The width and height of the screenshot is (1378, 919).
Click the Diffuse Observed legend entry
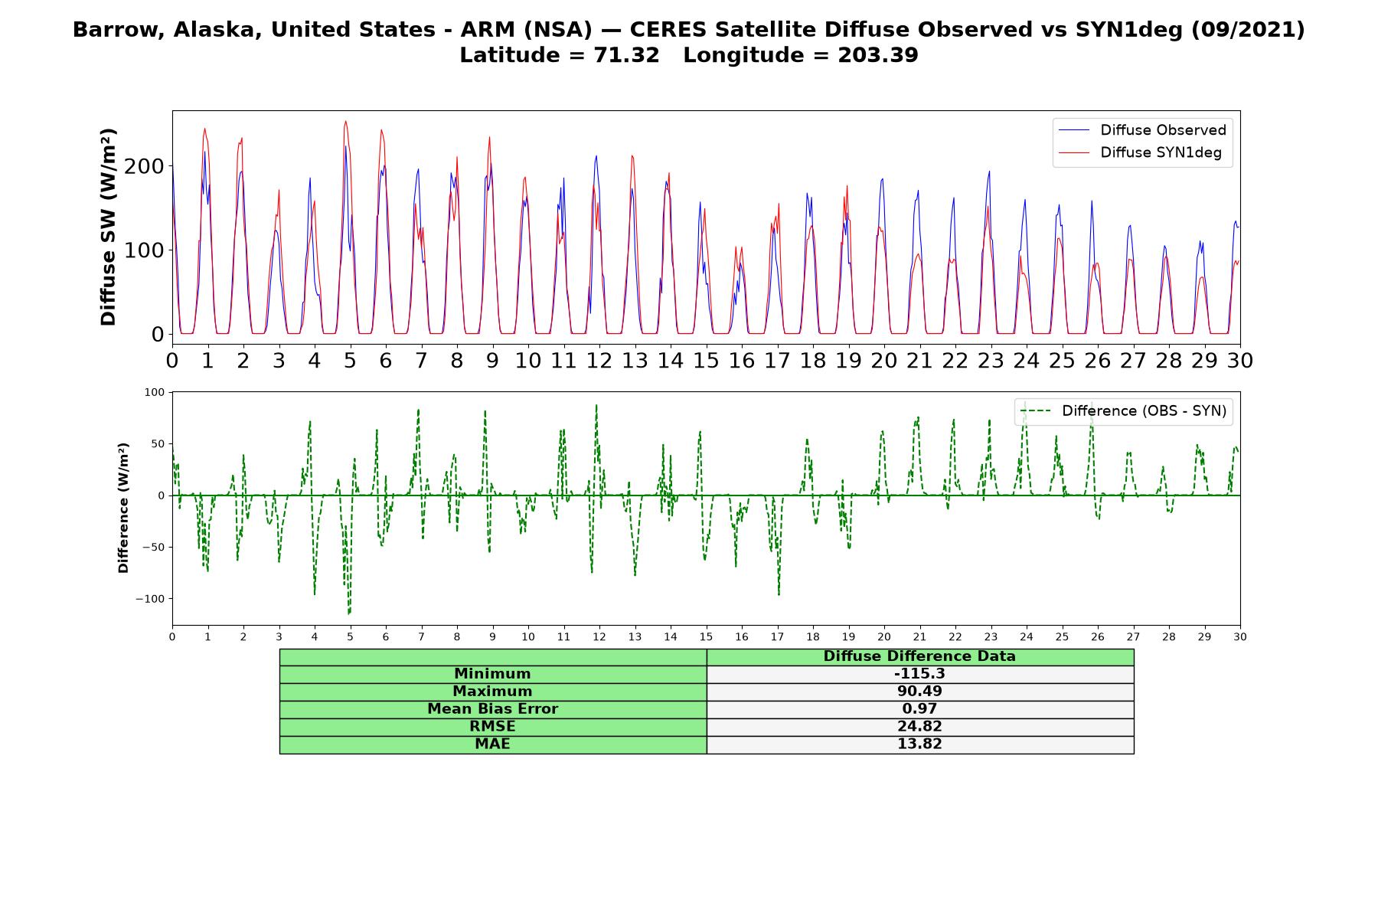pyautogui.click(x=1141, y=130)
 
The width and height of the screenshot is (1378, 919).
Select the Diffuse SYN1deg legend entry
pyautogui.click(x=1140, y=152)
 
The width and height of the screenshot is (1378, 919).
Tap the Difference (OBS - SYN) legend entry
pyautogui.click(x=1123, y=411)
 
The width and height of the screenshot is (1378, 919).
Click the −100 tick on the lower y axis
pyautogui.click(x=151, y=599)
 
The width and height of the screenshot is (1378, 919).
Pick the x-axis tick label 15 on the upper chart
pyautogui.click(x=706, y=360)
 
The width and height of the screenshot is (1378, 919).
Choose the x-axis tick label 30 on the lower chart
pyautogui.click(x=1240, y=636)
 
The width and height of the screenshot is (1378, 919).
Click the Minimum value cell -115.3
pyautogui.click(x=919, y=674)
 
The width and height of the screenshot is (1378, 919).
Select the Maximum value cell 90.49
pyautogui.click(x=919, y=692)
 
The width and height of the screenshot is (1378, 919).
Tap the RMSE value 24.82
pyautogui.click(x=919, y=727)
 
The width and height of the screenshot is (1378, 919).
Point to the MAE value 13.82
pyautogui.click(x=919, y=744)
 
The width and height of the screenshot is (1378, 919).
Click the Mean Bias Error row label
pyautogui.click(x=492, y=709)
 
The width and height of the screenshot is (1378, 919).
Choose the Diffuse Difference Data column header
pyautogui.click(x=919, y=656)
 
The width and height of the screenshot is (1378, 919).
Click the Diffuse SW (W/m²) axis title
pyautogui.click(x=109, y=227)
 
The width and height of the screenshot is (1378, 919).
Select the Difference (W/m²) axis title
pyautogui.click(x=123, y=509)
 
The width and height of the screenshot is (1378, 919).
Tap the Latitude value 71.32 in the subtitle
pyautogui.click(x=627, y=55)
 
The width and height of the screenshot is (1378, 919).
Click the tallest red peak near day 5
pyautogui.click(x=346, y=121)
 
